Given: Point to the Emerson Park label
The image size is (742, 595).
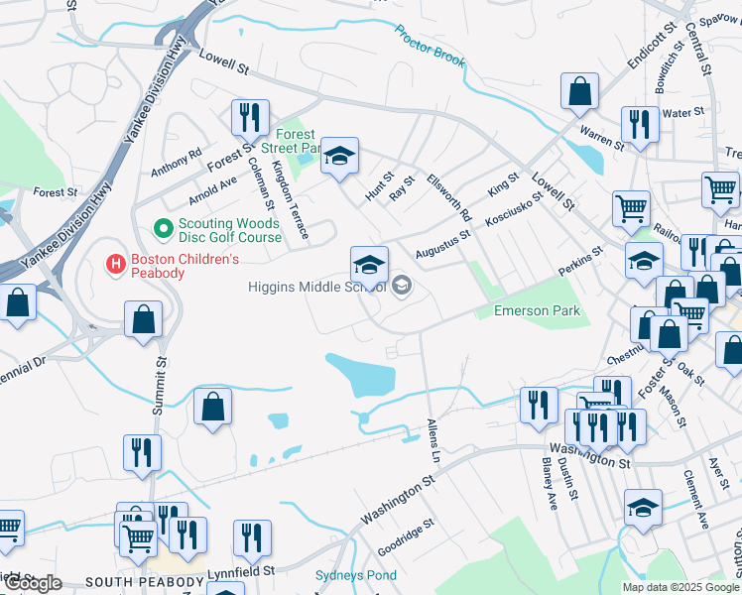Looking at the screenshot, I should pyautogui.click(x=536, y=311).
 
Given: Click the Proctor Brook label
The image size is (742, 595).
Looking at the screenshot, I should pyautogui.click(x=430, y=47).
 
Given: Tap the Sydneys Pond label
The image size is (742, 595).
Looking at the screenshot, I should pyautogui.click(x=355, y=576).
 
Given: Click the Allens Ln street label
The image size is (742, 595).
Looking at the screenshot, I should pyautogui.click(x=433, y=441).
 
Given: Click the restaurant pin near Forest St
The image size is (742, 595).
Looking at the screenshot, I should pyautogui.click(x=249, y=118).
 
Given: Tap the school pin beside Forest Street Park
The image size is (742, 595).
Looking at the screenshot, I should pyautogui.click(x=339, y=156).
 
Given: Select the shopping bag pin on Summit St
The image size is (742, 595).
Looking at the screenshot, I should pyautogui.click(x=144, y=320).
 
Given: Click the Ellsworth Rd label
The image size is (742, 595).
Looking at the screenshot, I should pyautogui.click(x=448, y=193).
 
